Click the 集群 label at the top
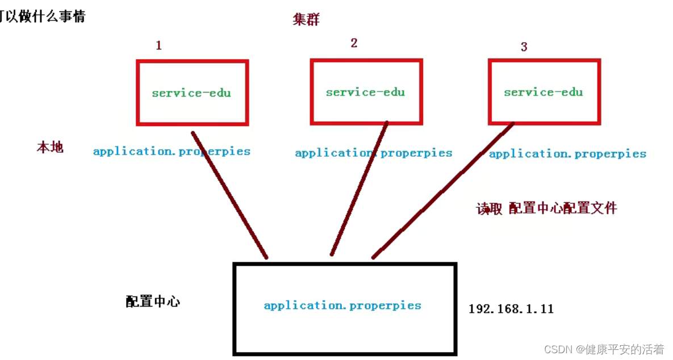[306, 20]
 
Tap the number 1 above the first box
[158, 45]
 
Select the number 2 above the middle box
[354, 43]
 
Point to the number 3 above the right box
[524, 47]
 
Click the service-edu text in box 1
[191, 93]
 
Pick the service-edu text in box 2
[365, 92]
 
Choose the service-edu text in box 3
[543, 92]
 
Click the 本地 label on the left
[50, 148]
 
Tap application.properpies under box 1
[172, 152]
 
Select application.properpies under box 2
[373, 153]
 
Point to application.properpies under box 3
[567, 154]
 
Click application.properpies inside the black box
[342, 305]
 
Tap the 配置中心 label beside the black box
[153, 302]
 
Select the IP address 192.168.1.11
[511, 309]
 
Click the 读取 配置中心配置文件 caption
[546, 208]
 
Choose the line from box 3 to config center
[443, 190]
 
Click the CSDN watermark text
[604, 349]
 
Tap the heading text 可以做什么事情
[43, 16]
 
